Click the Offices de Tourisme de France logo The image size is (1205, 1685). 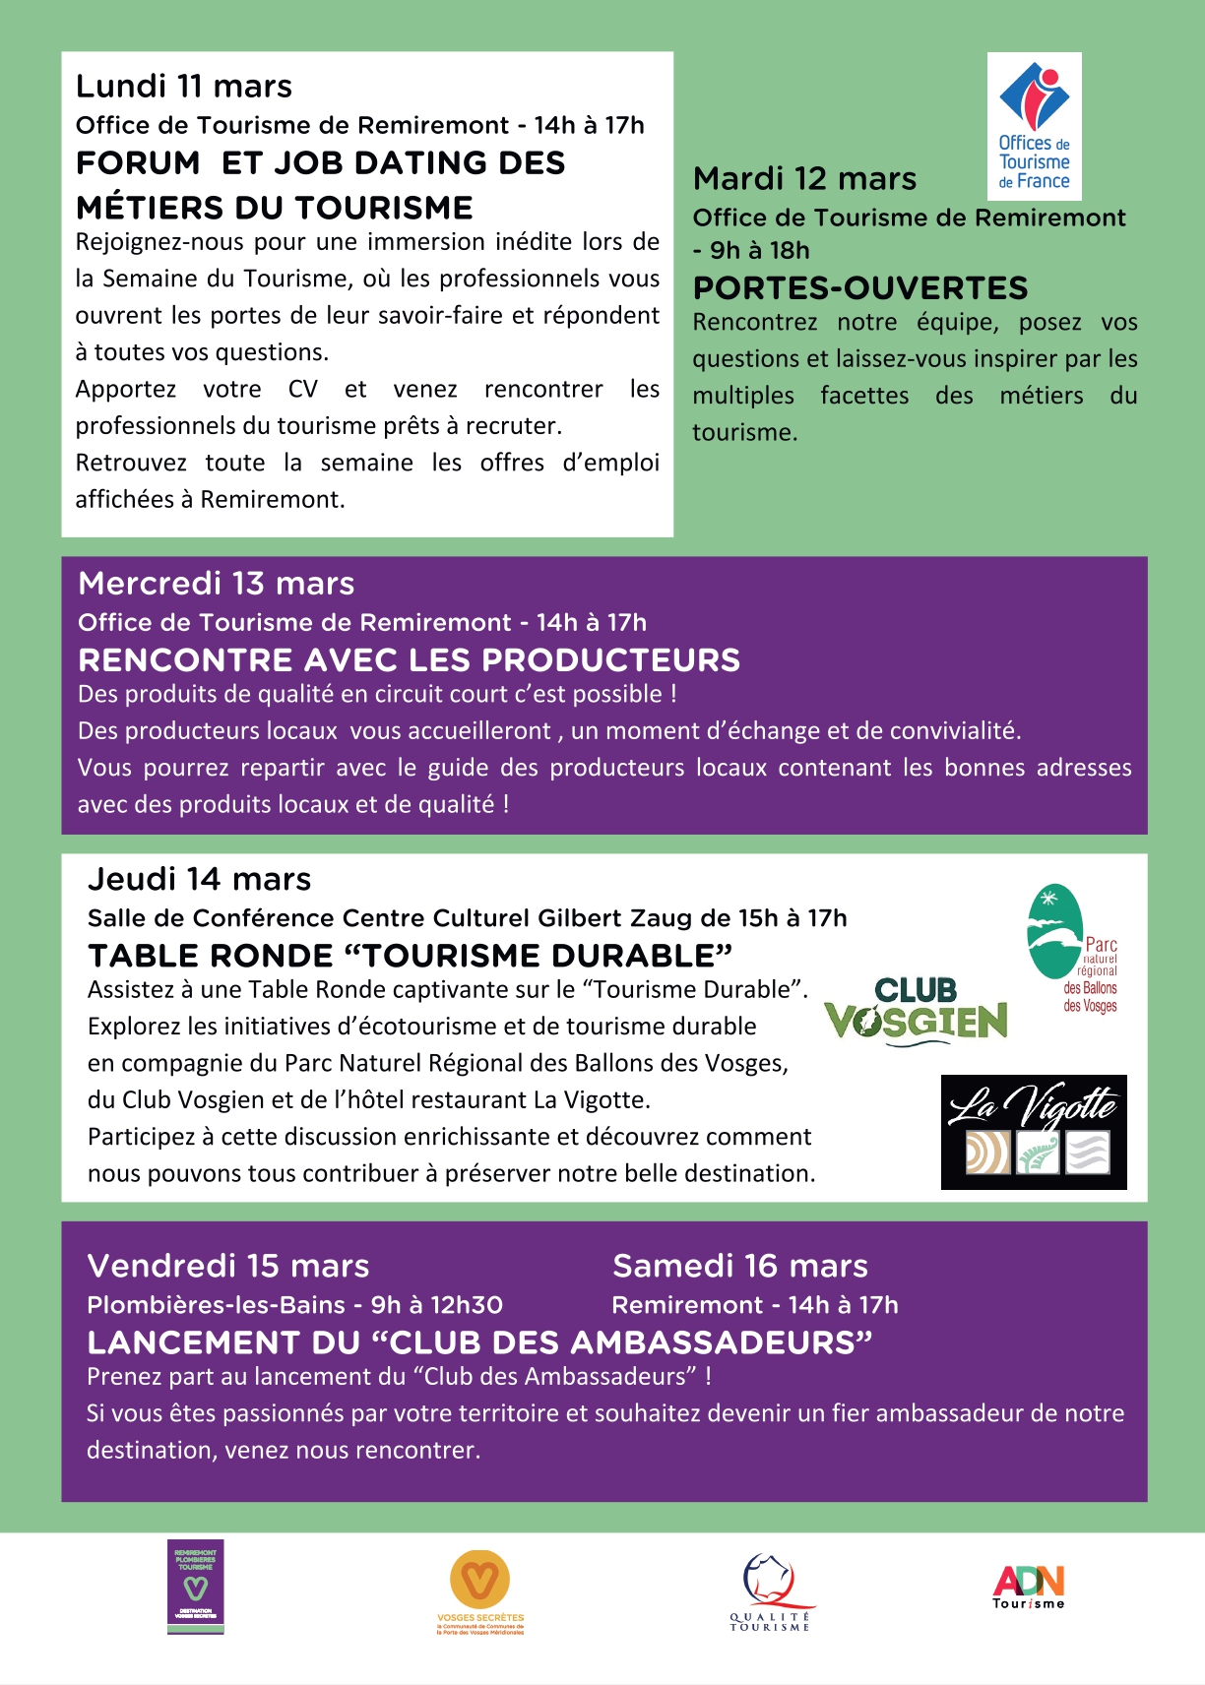pos(1034,126)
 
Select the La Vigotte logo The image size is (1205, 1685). pos(1034,1132)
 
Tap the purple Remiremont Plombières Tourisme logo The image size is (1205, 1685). pos(196,1587)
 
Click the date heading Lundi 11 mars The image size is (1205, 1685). pos(184,87)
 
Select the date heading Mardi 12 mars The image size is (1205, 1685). pos(804,179)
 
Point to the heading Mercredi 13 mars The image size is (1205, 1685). pos(217,584)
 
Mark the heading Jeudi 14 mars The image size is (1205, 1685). pos(200,879)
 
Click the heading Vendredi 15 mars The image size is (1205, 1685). pos(228,1266)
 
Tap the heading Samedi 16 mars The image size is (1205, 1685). pos(740,1266)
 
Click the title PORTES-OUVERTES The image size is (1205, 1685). pos(860,288)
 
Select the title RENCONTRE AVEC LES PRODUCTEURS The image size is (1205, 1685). pos(410,660)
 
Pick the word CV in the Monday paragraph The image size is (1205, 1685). pos(303,390)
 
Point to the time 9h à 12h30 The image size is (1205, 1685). pos(436,1305)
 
